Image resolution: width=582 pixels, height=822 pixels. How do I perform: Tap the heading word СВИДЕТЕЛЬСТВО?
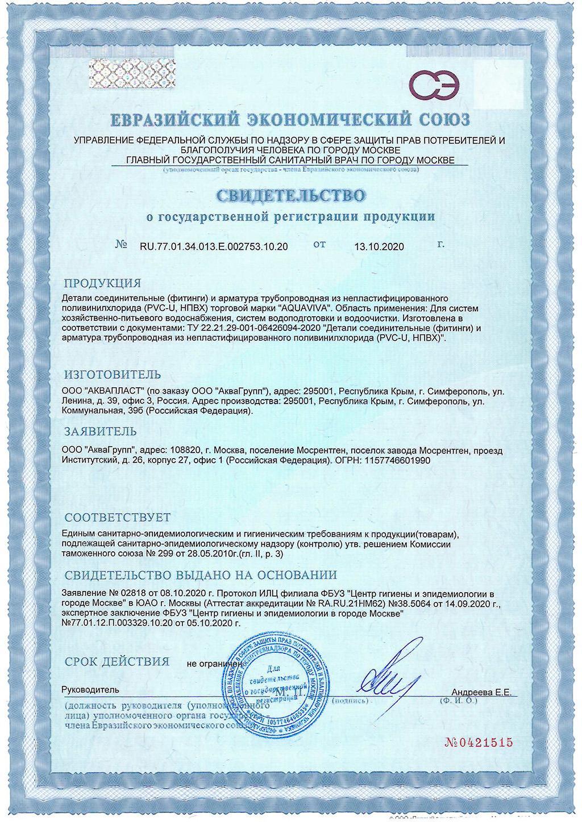pos(290,196)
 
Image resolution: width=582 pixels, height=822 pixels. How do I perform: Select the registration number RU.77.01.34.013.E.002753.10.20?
pos(214,246)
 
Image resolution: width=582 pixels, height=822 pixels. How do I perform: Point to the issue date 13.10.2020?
pos(379,246)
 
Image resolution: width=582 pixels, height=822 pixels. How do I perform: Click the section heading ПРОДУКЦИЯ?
pos(102,283)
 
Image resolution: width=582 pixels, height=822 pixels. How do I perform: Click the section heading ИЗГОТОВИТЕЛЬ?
pos(113,375)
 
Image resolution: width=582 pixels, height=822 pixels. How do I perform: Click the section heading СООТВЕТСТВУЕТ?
pos(117,518)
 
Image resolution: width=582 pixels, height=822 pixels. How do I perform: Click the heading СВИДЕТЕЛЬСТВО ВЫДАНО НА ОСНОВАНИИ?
pos(201,575)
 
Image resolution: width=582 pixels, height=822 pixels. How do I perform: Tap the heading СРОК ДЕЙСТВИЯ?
pos(117,661)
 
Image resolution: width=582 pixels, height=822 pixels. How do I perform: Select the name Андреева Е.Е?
pos(481,693)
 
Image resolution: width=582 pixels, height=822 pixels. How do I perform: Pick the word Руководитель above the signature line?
pos(91,690)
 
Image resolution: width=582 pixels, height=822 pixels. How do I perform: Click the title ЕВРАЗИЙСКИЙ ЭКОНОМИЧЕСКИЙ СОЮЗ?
pos(290,120)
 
